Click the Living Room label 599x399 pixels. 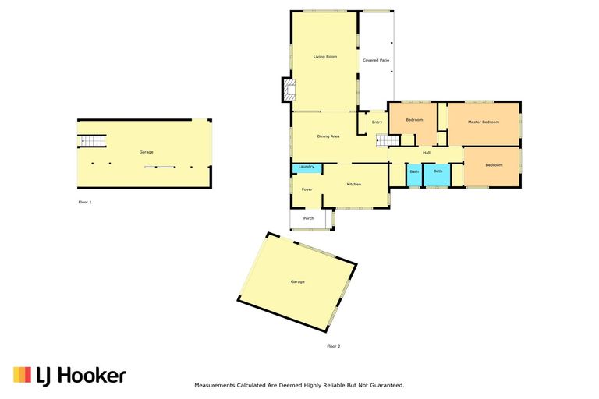click(325, 57)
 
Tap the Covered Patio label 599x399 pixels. click(376, 60)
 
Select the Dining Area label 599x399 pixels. click(328, 136)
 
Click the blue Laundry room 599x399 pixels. click(307, 168)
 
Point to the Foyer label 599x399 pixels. click(307, 189)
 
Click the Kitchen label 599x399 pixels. click(354, 185)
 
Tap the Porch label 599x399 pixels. click(309, 218)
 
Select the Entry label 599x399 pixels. click(377, 122)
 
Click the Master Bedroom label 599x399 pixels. click(484, 122)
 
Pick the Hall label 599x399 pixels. click(427, 153)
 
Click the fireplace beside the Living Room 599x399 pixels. click(289, 90)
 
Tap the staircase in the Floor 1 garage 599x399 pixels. click(92, 141)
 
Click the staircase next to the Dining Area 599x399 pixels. click(388, 140)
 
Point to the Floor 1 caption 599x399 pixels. click(85, 202)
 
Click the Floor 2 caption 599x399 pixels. click(334, 346)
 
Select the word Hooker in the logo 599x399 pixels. click(92, 376)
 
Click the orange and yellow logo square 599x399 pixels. click(22, 375)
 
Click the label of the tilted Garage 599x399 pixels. click(298, 282)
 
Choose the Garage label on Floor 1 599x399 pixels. click(146, 152)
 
